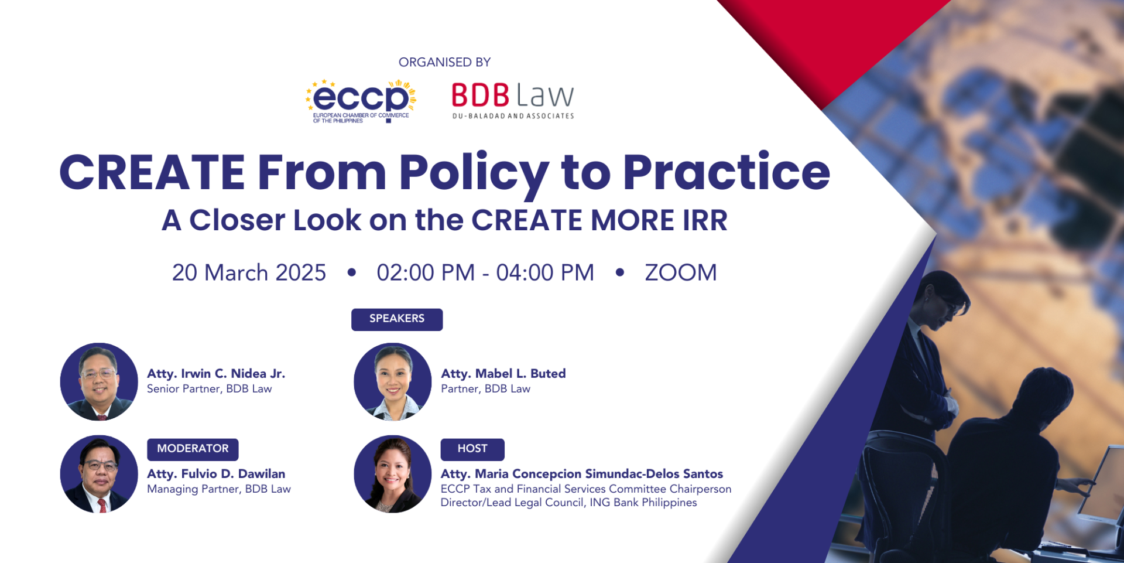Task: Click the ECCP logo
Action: [361, 101]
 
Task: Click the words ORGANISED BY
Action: [444, 62]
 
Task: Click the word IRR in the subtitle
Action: [705, 220]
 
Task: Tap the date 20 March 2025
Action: [249, 272]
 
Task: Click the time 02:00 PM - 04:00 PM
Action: [485, 272]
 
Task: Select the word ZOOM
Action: [681, 272]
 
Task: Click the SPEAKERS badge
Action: [397, 319]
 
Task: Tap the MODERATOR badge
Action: [193, 449]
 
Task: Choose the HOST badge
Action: [472, 449]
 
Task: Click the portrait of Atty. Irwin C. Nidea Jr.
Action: [99, 381]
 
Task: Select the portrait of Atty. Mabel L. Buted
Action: [393, 381]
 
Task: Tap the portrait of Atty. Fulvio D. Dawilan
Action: [99, 474]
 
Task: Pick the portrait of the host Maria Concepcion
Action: [393, 474]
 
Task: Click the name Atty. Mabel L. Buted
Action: [503, 374]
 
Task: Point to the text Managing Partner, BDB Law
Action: [219, 489]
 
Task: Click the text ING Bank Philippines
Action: [643, 503]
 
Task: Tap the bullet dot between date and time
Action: [352, 272]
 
